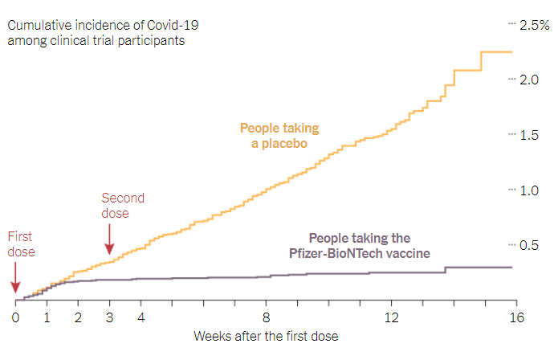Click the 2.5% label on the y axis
pyautogui.click(x=530, y=26)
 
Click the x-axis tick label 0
pyautogui.click(x=15, y=317)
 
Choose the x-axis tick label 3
pyautogui.click(x=109, y=317)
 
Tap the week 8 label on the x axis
pyautogui.click(x=266, y=317)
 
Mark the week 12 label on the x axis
pyautogui.click(x=391, y=317)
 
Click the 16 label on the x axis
pyautogui.click(x=516, y=317)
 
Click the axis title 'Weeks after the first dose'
pyautogui.click(x=266, y=336)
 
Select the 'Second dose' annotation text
pyautogui.click(x=123, y=206)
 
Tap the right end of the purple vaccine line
pyautogui.click(x=512, y=267)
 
